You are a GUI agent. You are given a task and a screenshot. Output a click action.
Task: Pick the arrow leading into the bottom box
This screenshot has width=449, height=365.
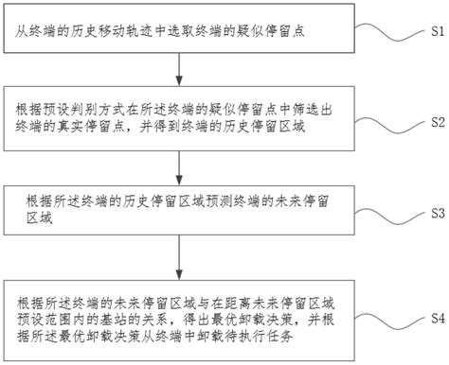click(x=179, y=257)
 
